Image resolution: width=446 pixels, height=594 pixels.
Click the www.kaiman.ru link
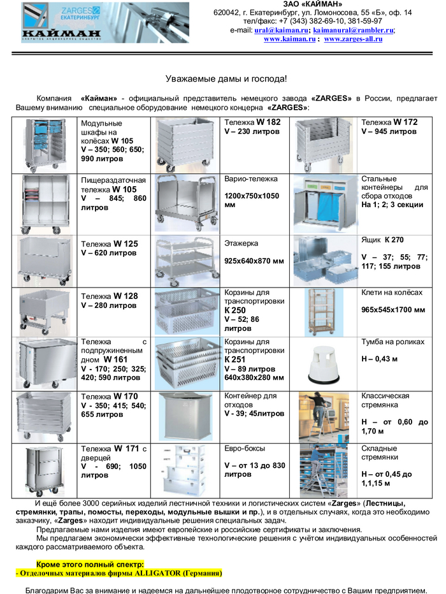coord(290,39)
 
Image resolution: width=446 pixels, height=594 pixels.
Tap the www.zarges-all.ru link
coord(353,39)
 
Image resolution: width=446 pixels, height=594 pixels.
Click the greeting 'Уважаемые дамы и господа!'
coord(226,79)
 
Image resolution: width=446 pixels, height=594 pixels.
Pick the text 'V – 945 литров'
coord(389,131)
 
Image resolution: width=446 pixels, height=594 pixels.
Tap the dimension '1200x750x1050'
coord(252,196)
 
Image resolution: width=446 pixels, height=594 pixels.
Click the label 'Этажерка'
coord(241,243)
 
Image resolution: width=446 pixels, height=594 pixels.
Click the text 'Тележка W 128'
coord(109,296)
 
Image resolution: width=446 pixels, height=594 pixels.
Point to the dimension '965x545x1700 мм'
coord(393,310)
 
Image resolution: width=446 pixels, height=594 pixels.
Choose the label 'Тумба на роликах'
coord(392,342)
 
